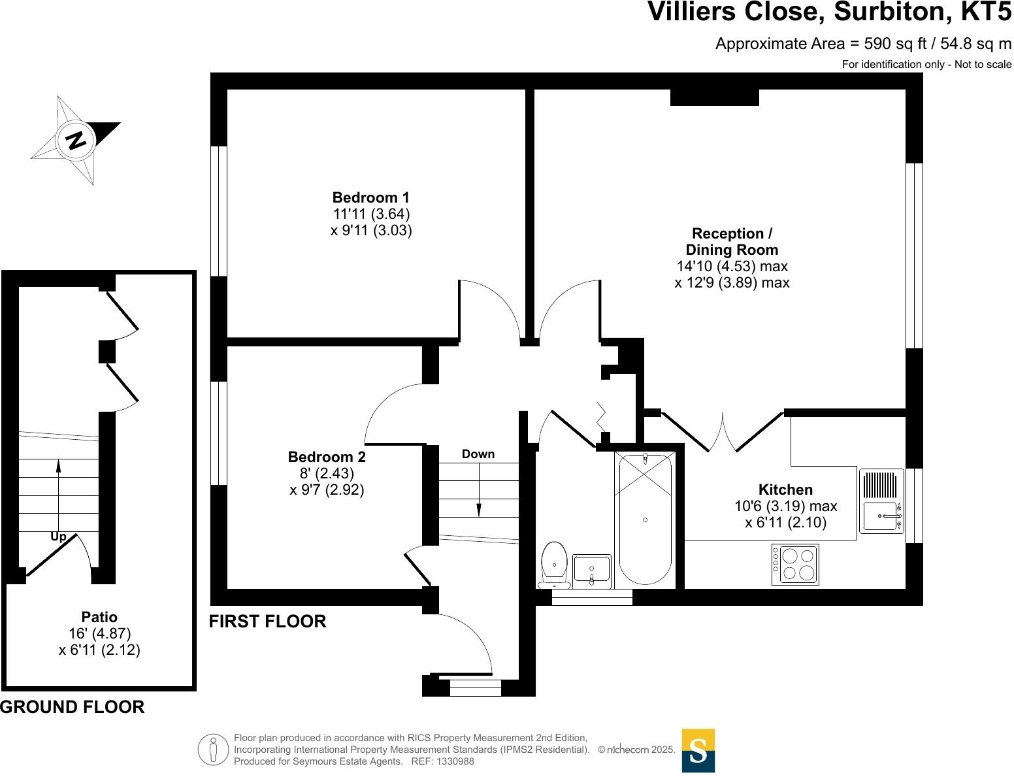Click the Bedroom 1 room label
[x=370, y=197]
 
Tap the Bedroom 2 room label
[x=327, y=457]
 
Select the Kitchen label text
[x=785, y=489]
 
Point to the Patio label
[x=99, y=617]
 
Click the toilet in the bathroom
[x=554, y=563]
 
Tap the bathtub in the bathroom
[x=645, y=520]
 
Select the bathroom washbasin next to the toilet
[x=591, y=570]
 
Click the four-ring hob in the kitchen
[x=795, y=564]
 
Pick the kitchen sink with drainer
[x=881, y=501]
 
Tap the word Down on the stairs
[x=478, y=454]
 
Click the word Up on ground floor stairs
[x=58, y=537]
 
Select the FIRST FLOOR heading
[x=267, y=622]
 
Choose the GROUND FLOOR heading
[x=73, y=707]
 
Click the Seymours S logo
[x=698, y=750]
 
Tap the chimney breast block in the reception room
[x=715, y=97]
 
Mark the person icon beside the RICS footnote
[x=212, y=750]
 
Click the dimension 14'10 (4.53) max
[x=732, y=267]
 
